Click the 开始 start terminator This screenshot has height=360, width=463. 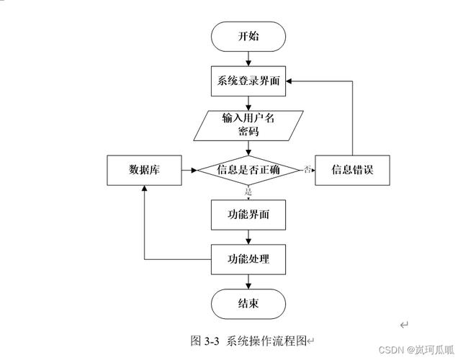click(248, 36)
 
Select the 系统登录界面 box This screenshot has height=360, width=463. click(248, 81)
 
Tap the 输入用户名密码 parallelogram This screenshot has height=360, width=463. click(248, 125)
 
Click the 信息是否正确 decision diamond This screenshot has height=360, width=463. click(248, 170)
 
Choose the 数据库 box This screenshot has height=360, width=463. click(144, 170)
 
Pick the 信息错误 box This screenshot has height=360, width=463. click(352, 170)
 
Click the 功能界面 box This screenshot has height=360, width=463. click(248, 215)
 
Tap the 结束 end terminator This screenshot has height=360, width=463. click(248, 304)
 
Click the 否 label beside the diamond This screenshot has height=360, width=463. click(307, 169)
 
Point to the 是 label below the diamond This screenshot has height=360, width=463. click(248, 192)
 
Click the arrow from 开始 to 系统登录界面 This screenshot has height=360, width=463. click(248, 58)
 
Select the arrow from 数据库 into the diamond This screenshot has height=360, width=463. click(189, 170)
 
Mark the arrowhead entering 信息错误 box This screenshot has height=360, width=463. click(313, 170)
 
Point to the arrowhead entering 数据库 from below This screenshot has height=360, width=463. click(144, 188)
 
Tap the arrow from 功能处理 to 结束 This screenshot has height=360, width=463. click(248, 281)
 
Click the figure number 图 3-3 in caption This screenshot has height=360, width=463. click(205, 341)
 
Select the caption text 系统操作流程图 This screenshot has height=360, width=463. click(267, 341)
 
